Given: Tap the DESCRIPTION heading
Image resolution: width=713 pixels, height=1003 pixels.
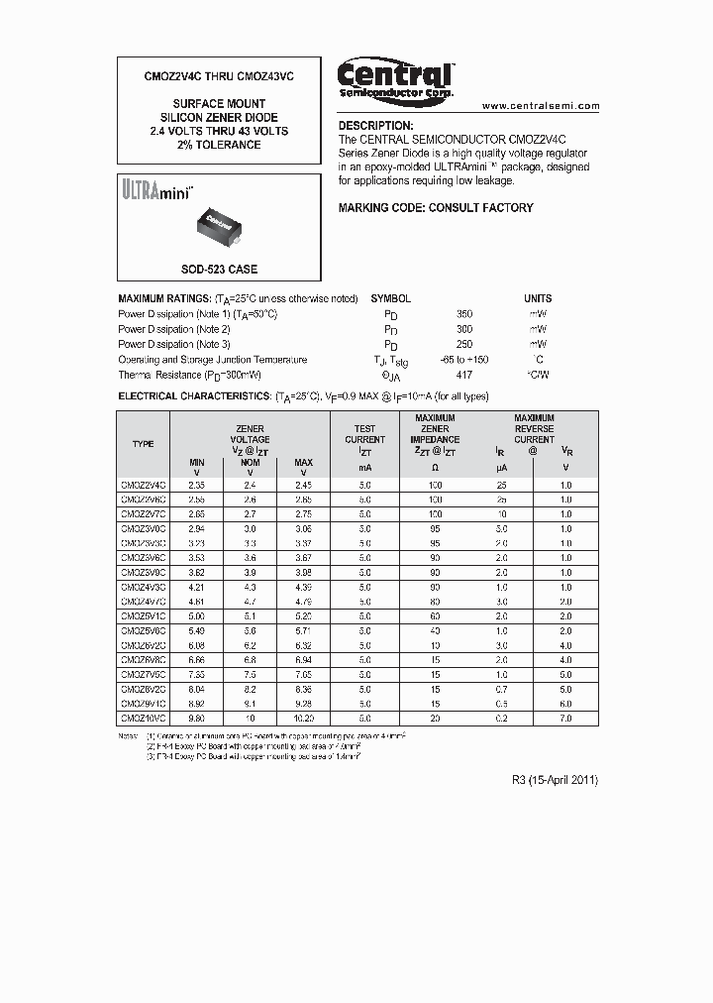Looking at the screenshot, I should pyautogui.click(x=375, y=126).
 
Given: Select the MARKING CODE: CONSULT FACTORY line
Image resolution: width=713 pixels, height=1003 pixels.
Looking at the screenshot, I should pyautogui.click(x=436, y=208).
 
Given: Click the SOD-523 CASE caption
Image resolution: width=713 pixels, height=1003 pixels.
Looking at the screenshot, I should pyautogui.click(x=220, y=270).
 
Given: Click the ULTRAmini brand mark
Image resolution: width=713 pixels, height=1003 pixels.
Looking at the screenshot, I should pyautogui.click(x=156, y=187).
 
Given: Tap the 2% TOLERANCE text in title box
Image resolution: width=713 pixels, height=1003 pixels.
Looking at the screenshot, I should pyautogui.click(x=220, y=145).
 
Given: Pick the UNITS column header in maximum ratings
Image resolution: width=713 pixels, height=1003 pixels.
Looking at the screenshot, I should pyautogui.click(x=538, y=298).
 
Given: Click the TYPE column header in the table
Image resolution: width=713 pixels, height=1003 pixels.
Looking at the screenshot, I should pyautogui.click(x=144, y=444).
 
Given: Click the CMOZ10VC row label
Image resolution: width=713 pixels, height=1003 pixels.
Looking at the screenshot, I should pyautogui.click(x=144, y=717).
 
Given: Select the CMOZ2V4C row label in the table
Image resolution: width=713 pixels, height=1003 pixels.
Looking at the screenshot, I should pyautogui.click(x=144, y=486).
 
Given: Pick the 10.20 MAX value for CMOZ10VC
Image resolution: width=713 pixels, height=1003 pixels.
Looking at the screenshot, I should pyautogui.click(x=304, y=717).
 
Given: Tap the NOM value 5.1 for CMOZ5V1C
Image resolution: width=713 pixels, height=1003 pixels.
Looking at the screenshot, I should pyautogui.click(x=251, y=614).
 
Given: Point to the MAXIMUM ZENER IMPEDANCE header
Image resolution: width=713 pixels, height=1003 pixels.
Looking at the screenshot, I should pyautogui.click(x=436, y=429).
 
